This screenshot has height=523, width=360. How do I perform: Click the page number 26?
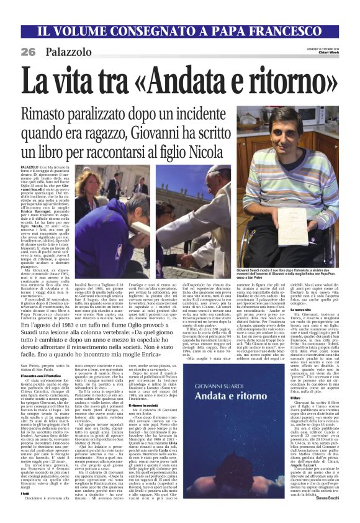[x=29, y=50]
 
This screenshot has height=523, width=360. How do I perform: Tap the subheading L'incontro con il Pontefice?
[x=48, y=377]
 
